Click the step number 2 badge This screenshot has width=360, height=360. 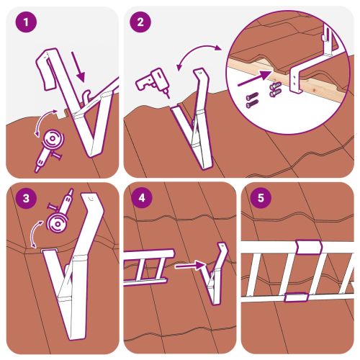tap(139, 22)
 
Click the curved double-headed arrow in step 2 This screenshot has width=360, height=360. tap(199, 54)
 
